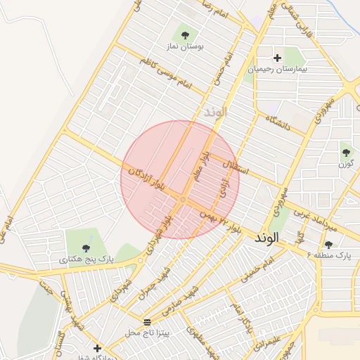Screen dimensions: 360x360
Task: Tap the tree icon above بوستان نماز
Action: [x=185, y=33]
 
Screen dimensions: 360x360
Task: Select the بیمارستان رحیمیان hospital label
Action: [x=278, y=70]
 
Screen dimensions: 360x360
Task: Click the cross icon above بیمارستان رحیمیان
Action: [x=278, y=58]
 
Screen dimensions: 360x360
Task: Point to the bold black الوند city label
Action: [x=267, y=238]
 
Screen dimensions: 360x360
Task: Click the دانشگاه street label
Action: [x=278, y=122]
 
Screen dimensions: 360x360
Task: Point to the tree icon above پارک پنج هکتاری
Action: [x=86, y=247]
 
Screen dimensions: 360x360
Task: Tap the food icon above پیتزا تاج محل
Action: [x=147, y=321]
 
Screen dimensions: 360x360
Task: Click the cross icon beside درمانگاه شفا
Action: [x=97, y=348]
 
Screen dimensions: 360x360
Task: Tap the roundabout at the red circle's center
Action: [x=182, y=200]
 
